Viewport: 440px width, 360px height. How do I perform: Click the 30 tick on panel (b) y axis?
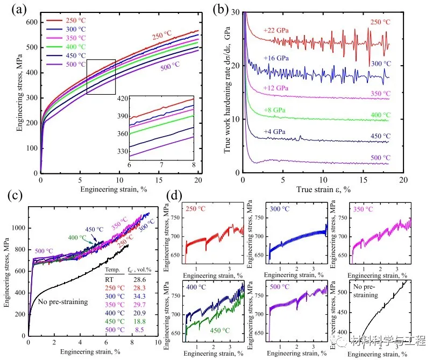[x=235, y=12]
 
